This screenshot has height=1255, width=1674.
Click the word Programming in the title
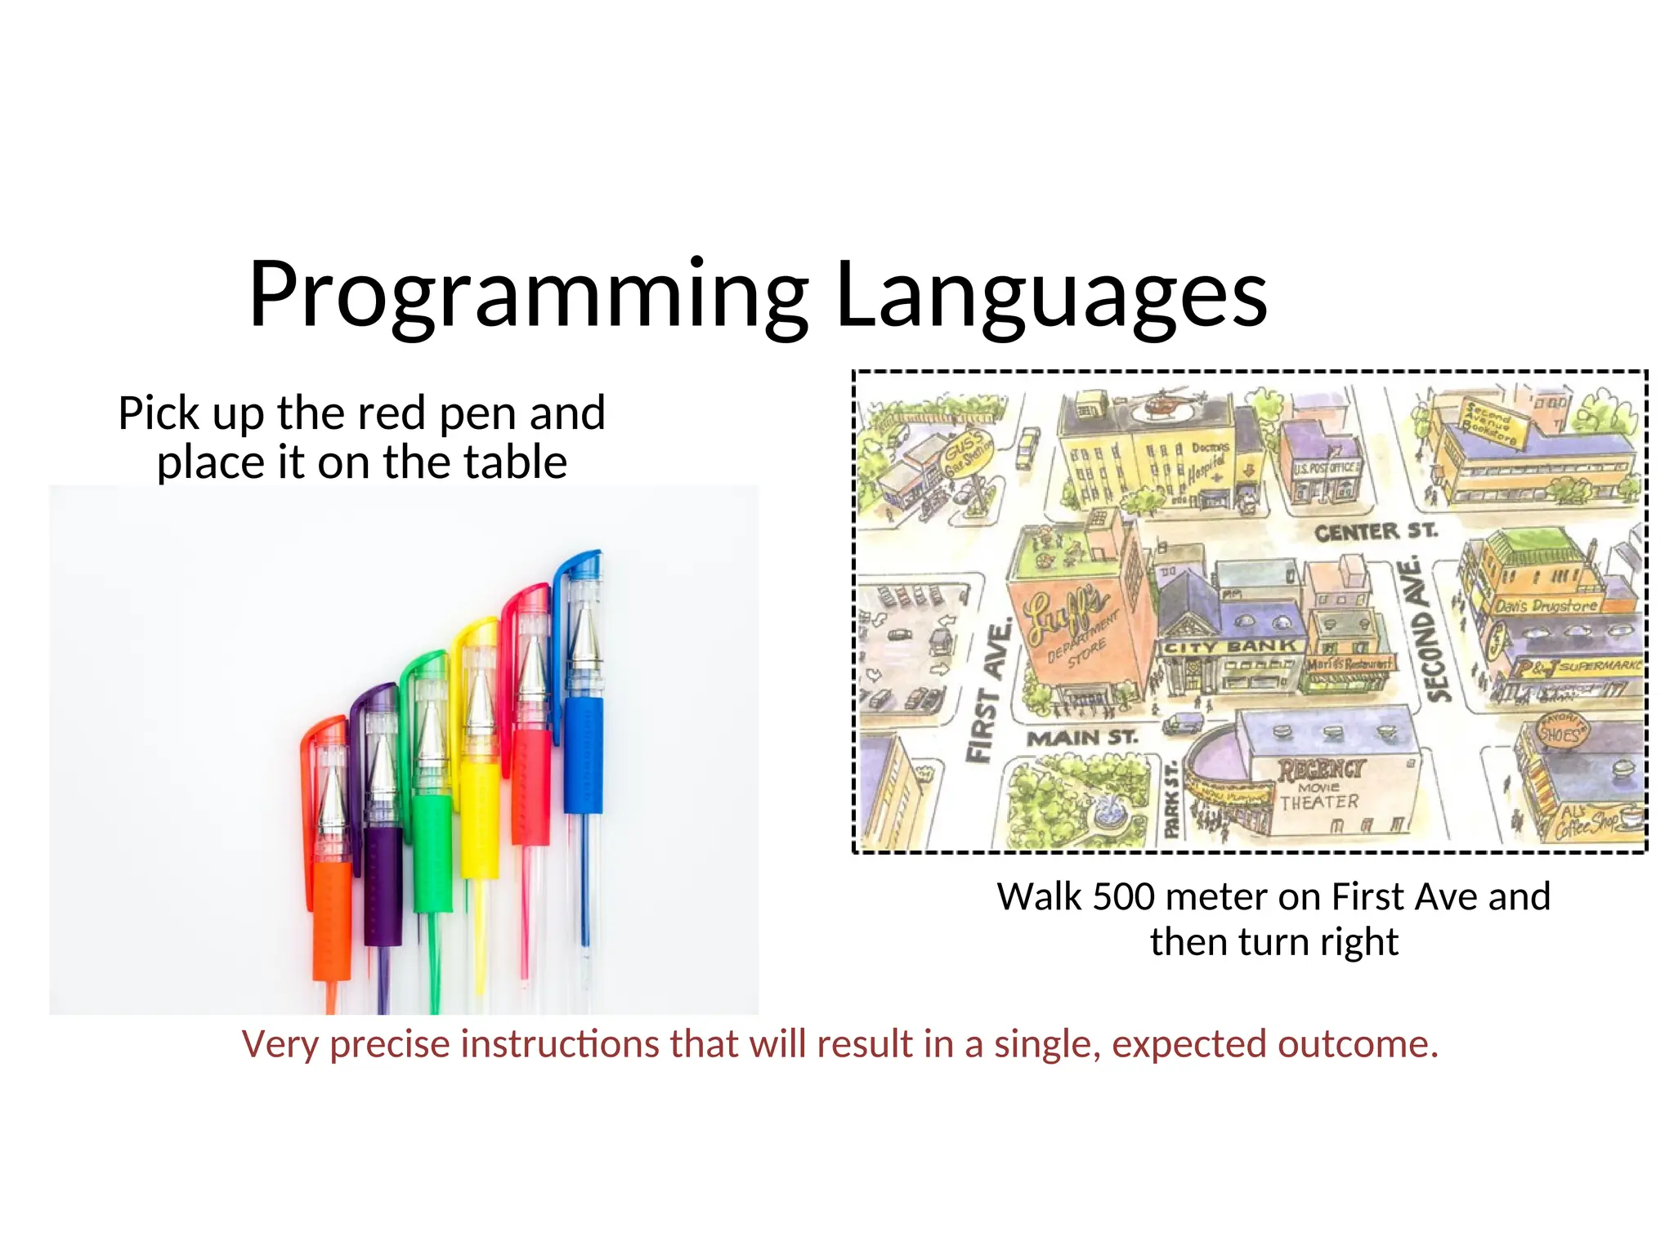point(527,296)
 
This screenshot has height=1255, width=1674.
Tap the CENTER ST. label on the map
point(1375,532)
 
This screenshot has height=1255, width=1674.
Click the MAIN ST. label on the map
point(1081,738)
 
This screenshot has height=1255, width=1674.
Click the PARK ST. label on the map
point(1172,801)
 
